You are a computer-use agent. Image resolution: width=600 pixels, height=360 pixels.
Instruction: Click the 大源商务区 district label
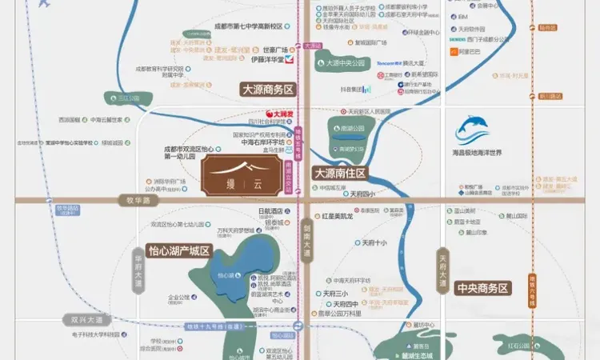tap(269, 90)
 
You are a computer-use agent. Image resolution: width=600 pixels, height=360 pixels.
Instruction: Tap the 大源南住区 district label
tap(340, 173)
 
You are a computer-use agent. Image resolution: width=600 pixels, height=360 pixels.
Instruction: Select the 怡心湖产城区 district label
tap(178, 251)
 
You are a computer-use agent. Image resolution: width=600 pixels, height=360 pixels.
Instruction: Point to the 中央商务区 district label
tap(482, 288)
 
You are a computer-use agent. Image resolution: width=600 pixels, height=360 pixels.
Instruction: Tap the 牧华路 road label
tap(134, 201)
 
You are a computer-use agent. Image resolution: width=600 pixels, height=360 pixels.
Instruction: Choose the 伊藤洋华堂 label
tap(273, 58)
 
